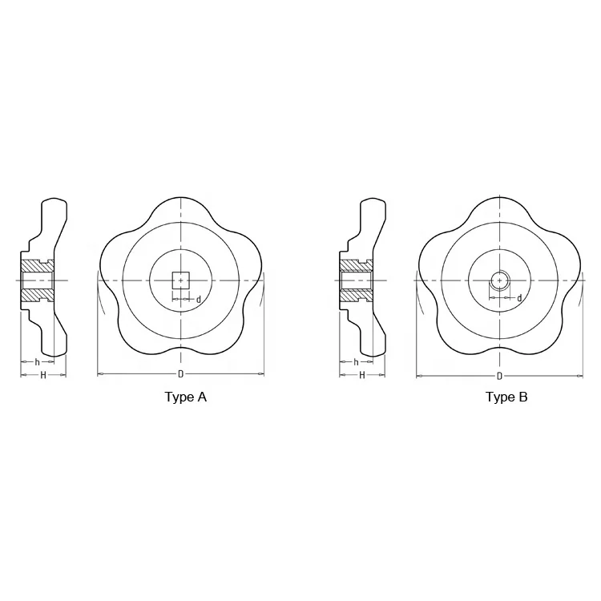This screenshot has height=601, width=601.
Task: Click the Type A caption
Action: point(185,397)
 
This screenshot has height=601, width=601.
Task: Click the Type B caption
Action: point(506,397)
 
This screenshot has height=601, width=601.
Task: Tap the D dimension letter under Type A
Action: point(180,374)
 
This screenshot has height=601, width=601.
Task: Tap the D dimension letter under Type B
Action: point(499,376)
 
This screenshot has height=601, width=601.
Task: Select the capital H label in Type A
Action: point(42,375)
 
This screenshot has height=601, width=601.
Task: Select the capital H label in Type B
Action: point(361,375)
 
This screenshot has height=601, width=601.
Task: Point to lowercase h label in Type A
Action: point(37,362)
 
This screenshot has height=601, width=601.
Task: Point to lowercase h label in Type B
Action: point(356,362)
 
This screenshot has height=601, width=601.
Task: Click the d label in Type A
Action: point(198,300)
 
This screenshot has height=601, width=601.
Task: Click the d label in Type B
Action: point(518,298)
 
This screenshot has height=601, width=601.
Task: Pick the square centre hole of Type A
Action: point(181,280)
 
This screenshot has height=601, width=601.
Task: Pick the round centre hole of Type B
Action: point(500,280)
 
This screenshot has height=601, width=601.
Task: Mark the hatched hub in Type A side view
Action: point(36,280)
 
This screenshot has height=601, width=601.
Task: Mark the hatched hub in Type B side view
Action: point(355,280)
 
